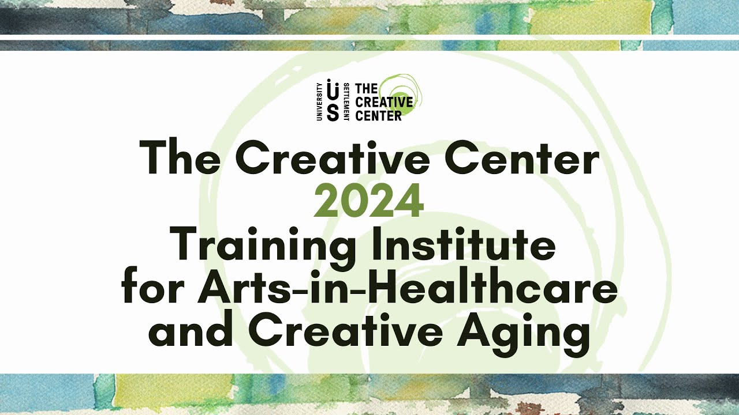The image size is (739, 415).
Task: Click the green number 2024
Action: (368, 202)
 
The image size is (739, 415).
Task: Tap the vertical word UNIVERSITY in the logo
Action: (319, 101)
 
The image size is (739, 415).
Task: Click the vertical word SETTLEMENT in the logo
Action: (346, 101)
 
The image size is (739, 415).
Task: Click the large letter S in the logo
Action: (333, 112)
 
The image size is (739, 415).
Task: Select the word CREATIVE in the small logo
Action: (384, 102)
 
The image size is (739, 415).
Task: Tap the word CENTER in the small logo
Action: (378, 115)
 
